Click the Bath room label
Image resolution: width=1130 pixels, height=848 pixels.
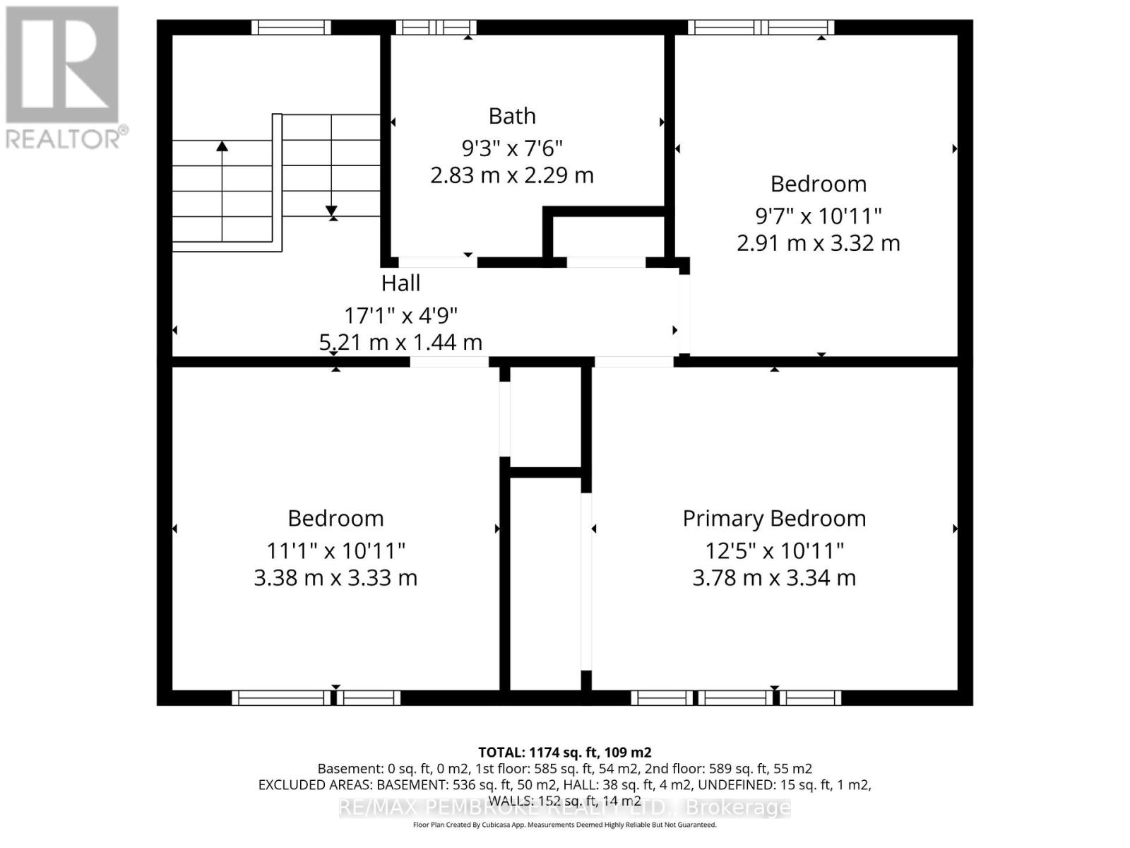point(512,116)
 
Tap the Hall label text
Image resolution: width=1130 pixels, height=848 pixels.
point(400,283)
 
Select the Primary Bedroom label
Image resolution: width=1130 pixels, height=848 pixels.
point(774,518)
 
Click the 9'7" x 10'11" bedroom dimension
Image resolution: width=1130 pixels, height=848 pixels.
point(818,216)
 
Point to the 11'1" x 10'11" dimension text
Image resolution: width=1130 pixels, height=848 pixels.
point(335,550)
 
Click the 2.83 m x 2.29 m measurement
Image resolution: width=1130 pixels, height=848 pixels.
point(512,175)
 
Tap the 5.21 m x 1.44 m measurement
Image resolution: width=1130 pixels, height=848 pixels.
point(400,342)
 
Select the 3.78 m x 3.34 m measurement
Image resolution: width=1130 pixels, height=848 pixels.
point(774,577)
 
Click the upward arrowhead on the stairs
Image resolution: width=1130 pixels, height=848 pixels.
point(222,146)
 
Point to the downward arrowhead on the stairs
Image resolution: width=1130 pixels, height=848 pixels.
point(331,211)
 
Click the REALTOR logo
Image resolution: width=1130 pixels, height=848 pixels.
point(65,78)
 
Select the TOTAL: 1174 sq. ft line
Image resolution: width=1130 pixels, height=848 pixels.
point(564,753)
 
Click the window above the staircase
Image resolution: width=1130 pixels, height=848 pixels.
point(291,28)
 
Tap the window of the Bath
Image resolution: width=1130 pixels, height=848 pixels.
point(436,28)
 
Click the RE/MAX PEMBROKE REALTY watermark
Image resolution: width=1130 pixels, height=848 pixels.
point(564,807)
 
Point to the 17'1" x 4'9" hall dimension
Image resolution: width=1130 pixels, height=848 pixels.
point(400,314)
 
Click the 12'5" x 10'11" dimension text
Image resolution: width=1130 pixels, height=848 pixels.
point(774,550)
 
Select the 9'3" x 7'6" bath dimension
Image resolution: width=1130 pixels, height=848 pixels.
point(512,148)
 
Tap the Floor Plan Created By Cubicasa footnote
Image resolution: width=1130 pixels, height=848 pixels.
point(564,825)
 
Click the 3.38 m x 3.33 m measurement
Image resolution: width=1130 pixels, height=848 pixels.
point(335,577)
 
